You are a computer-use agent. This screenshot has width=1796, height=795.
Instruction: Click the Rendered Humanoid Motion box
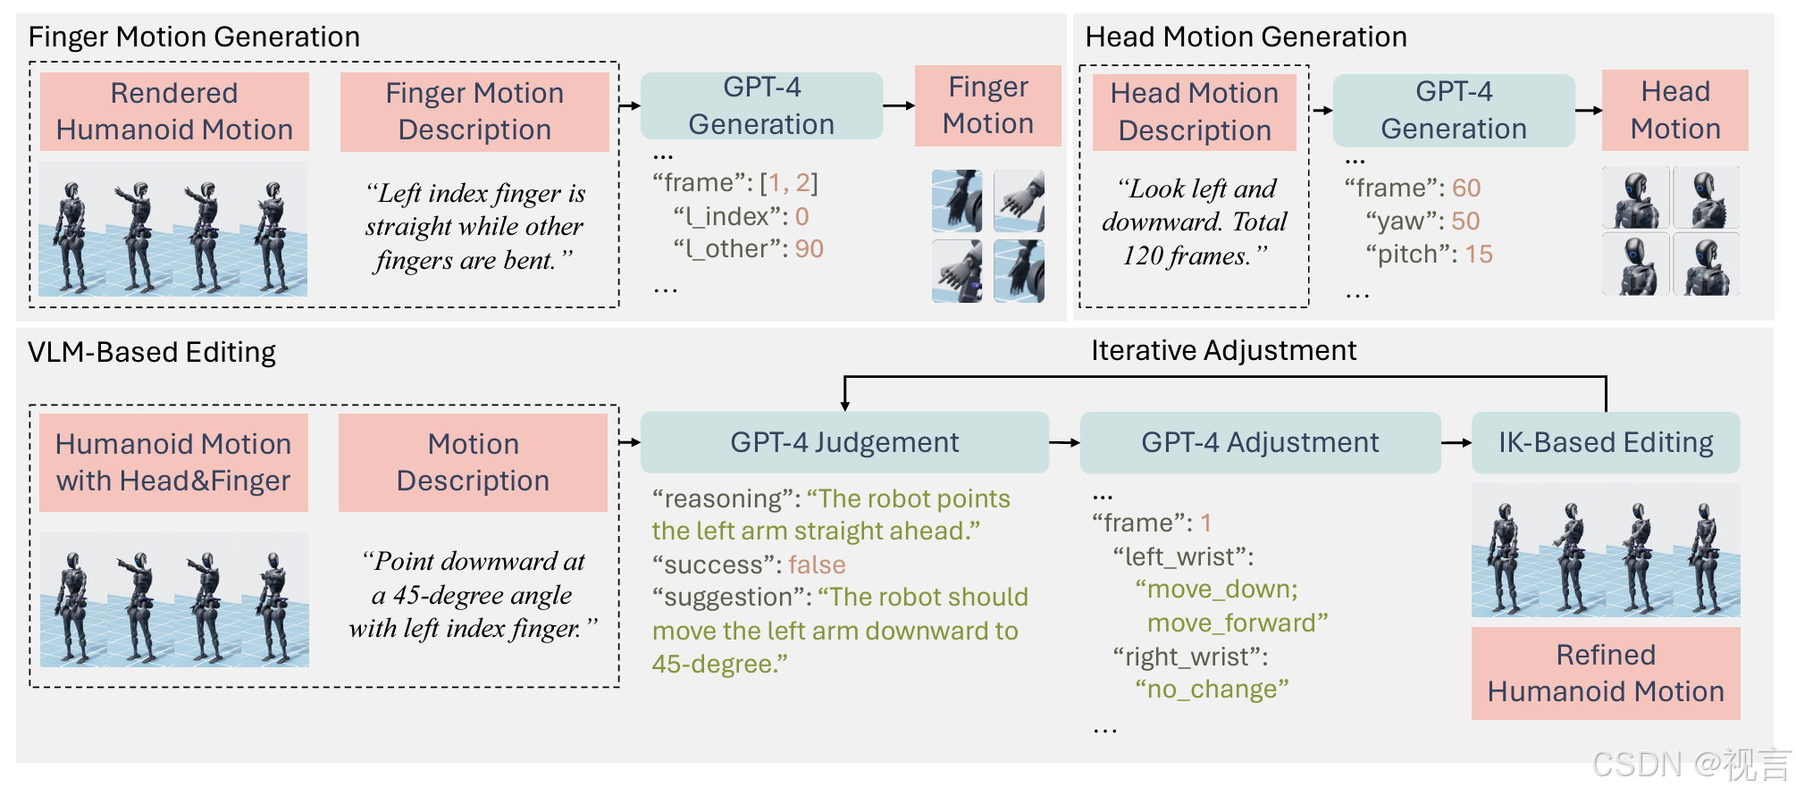point(174,112)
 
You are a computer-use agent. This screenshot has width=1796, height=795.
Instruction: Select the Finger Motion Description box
point(474,112)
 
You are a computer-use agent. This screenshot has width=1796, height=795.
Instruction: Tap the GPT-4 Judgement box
point(844,442)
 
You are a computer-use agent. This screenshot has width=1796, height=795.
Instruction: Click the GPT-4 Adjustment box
point(1260,442)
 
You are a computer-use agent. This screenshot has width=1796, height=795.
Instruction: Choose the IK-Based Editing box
point(1606,442)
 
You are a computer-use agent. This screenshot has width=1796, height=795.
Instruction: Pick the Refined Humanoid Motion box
point(1606,674)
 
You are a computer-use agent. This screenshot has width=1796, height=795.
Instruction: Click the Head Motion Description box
point(1195,112)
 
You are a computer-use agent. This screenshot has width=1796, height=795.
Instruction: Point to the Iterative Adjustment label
point(1223,350)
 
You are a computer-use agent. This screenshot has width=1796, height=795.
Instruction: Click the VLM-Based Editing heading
point(152,352)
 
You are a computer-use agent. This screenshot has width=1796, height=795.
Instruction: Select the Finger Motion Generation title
point(194,37)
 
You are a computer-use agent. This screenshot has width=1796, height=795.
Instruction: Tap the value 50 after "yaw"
point(1465,221)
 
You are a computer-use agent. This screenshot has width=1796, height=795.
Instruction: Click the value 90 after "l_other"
point(809,248)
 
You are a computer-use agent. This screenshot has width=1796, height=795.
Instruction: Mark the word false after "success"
point(817,565)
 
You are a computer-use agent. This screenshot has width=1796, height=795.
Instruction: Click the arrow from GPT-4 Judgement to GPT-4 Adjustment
point(1064,442)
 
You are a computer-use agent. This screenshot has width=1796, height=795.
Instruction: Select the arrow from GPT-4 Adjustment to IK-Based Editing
point(1456,442)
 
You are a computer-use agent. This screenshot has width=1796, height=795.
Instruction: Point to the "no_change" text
point(1212,689)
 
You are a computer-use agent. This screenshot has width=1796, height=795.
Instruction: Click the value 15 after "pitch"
point(1479,255)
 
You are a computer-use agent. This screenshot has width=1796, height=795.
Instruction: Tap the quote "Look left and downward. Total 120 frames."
point(1195,222)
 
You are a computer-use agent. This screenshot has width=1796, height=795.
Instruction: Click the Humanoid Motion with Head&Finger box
point(173,462)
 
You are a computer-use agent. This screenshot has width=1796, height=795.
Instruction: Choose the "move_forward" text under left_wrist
point(1238,623)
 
